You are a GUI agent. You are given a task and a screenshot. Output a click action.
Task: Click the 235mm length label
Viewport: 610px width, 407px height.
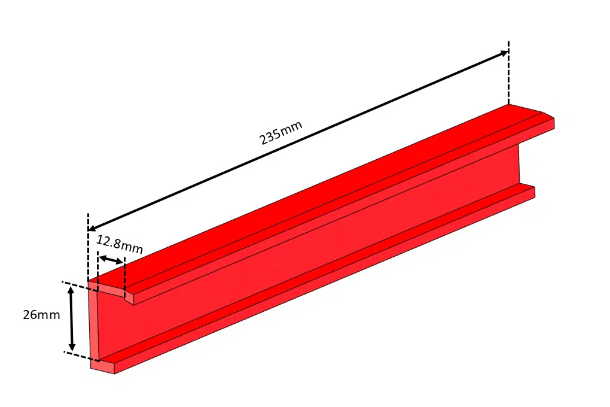click(280, 133)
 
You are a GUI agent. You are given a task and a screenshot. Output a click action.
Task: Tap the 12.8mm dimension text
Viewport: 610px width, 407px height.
click(119, 244)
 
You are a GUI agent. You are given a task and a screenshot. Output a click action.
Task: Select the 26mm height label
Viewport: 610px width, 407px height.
click(41, 315)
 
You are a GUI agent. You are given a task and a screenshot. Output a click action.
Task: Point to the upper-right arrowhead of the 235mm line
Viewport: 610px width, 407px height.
click(504, 53)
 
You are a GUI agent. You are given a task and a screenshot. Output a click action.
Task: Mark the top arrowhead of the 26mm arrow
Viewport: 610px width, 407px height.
click(72, 290)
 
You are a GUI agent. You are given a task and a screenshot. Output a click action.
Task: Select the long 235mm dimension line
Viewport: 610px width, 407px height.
click(299, 141)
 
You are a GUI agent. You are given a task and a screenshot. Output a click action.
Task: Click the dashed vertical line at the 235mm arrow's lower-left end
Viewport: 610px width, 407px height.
click(89, 245)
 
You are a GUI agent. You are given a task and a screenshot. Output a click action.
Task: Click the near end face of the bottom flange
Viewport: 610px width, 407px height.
click(102, 366)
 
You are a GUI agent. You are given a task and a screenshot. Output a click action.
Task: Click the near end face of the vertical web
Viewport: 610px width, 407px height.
click(93, 323)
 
